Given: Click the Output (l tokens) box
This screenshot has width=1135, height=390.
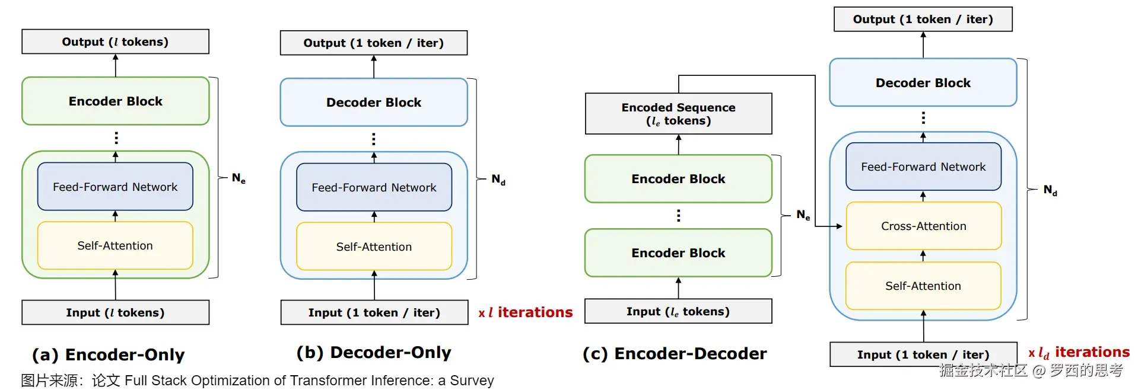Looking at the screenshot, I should click(115, 42).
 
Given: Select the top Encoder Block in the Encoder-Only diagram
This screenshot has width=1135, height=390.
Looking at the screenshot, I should click(115, 101).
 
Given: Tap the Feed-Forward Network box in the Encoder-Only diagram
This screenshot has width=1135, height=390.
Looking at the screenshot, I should click(115, 187).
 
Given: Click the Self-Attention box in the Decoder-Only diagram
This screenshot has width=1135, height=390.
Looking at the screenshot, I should click(374, 247).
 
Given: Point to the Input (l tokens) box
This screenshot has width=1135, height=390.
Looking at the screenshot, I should click(115, 312).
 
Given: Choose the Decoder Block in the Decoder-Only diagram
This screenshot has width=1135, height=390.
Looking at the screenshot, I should click(374, 103).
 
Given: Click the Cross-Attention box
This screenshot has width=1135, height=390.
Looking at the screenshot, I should click(923, 226).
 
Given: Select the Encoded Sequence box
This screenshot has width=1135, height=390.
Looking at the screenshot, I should click(678, 114).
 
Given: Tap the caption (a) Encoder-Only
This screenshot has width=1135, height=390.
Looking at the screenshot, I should click(109, 354).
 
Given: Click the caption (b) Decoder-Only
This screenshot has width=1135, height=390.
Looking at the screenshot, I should click(374, 353).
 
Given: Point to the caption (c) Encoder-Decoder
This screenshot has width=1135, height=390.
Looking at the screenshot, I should click(675, 354).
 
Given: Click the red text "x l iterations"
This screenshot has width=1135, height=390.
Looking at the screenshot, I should click(526, 312).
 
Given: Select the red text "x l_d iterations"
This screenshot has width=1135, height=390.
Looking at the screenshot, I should click(1079, 353).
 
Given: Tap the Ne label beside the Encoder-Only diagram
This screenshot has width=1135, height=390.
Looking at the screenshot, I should click(239, 178).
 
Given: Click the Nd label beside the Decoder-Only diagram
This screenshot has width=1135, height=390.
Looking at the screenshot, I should click(498, 179).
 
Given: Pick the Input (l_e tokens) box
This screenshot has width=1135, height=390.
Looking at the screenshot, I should click(678, 311).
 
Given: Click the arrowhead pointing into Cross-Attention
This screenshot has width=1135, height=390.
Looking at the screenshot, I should click(839, 226).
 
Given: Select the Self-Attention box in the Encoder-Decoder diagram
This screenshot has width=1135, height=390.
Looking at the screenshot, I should click(923, 286).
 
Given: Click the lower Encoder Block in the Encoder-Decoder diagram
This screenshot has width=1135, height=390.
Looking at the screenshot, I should click(678, 253).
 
